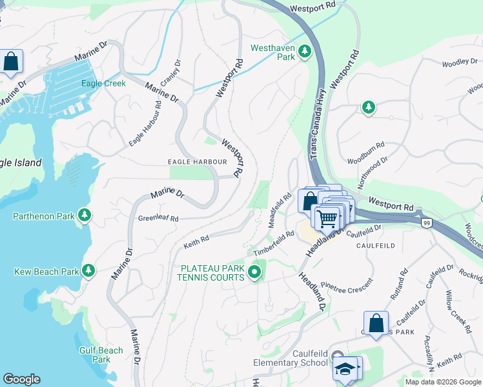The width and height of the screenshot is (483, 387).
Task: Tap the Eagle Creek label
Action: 103,83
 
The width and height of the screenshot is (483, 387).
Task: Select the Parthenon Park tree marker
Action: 83,214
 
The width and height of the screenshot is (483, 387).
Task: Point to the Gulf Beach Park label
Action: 101,355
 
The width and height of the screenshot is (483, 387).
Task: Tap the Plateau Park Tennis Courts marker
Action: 254,273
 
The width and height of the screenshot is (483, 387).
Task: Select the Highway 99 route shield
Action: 426,223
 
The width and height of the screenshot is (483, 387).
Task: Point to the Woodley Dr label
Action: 460,63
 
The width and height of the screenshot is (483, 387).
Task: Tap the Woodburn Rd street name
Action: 365,161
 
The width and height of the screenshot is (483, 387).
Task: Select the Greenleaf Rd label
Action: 158,219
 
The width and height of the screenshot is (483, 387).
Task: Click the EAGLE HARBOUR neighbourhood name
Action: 197,162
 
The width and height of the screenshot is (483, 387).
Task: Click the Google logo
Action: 21,379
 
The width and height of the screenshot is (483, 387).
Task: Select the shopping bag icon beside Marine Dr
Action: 11,63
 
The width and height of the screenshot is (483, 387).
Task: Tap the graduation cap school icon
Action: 345,369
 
